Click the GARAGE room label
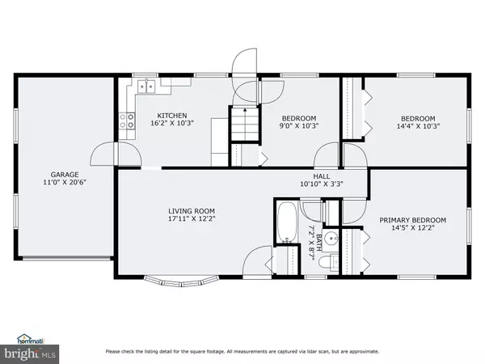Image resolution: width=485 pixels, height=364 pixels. (65, 175)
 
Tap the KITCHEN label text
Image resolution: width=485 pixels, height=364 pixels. (172, 116)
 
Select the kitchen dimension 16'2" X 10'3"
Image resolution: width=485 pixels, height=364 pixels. (172, 123)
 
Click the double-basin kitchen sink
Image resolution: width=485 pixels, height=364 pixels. (146, 86)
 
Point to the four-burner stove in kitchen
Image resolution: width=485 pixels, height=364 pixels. (127, 121)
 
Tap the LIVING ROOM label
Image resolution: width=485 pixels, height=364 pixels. (192, 211)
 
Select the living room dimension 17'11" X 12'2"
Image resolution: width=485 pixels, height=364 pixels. (192, 219)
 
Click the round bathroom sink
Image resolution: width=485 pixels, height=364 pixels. (331, 239)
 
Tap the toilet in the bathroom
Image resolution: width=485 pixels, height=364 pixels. (328, 263)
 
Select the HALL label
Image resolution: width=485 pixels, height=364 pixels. (322, 176)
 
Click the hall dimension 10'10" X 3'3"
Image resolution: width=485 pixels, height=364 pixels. (322, 184)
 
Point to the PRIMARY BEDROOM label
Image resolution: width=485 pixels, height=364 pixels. (412, 220)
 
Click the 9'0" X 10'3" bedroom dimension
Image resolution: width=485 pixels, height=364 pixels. (299, 126)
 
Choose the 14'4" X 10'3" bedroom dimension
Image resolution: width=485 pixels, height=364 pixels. (418, 126)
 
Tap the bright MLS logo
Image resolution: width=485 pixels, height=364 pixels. (30, 353)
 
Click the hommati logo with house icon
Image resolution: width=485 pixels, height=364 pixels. (31, 339)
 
